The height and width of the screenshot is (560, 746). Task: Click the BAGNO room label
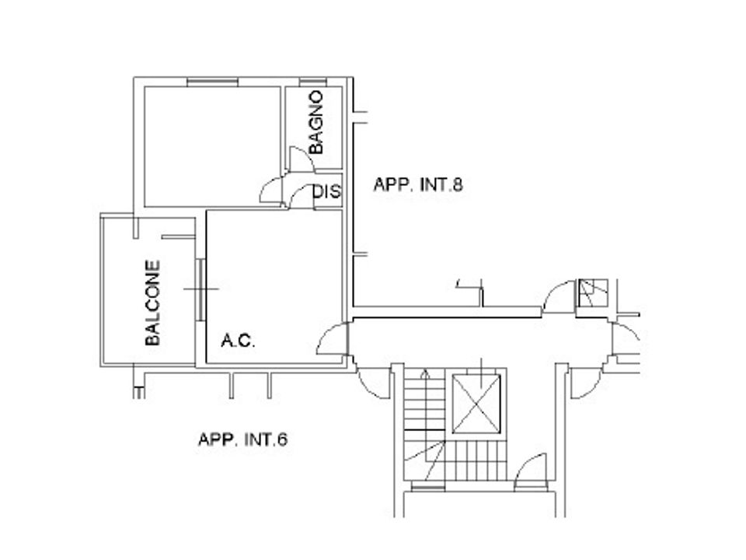tap(315, 122)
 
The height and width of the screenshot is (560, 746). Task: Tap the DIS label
tap(327, 191)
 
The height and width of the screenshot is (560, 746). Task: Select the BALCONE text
tap(152, 303)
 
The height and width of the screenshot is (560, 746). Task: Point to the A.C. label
tap(238, 341)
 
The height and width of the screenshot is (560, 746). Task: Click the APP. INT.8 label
tap(418, 185)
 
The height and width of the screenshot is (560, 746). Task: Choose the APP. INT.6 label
tap(242, 439)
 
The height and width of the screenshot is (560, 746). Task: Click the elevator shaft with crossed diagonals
tap(476, 404)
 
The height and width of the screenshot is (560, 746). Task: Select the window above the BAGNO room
tap(312, 82)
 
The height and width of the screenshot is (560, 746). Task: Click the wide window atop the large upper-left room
tap(212, 82)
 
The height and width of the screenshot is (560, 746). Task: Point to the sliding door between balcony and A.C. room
tap(200, 289)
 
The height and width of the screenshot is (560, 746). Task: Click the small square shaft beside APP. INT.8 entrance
tap(593, 293)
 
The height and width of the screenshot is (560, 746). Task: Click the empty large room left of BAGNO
tap(212, 147)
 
